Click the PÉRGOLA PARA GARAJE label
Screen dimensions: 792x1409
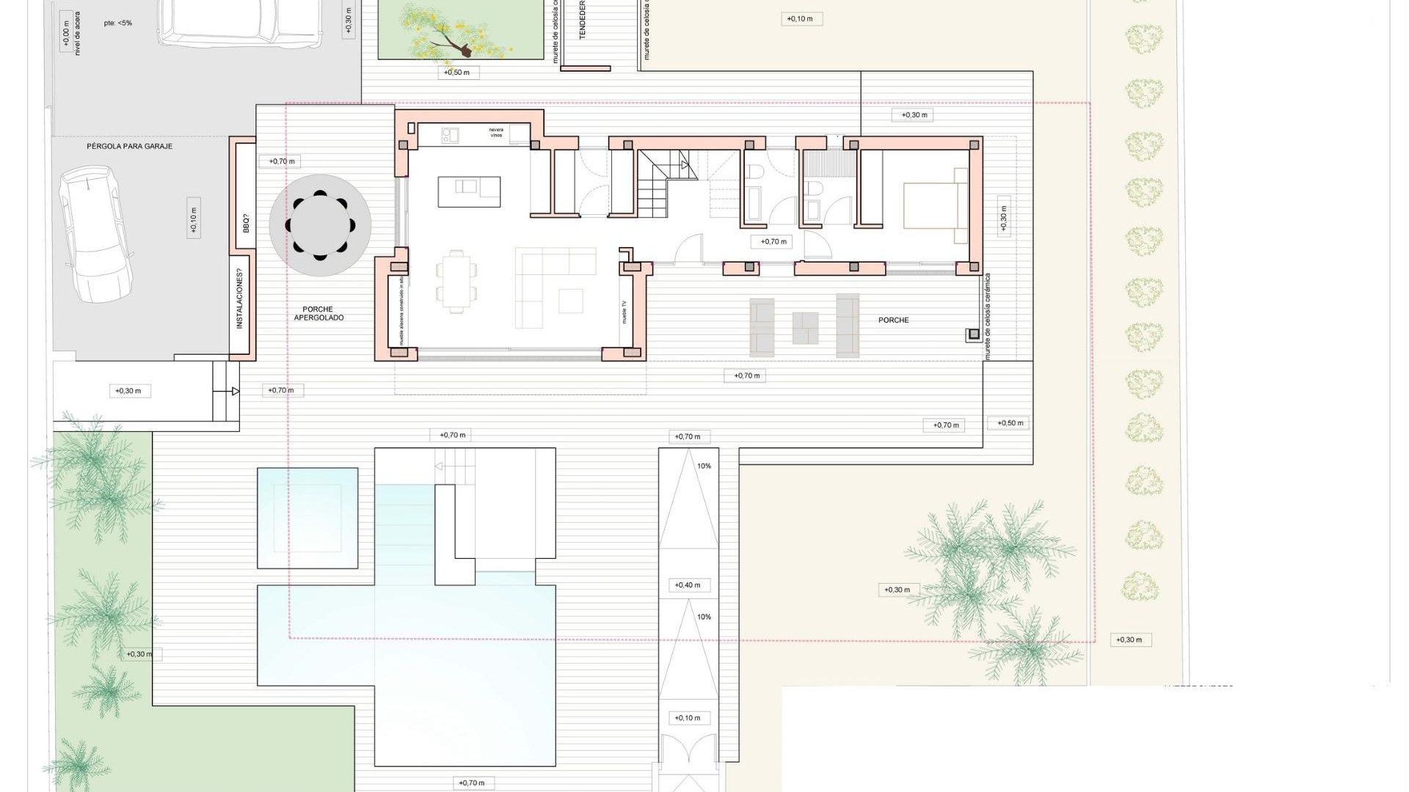[130, 147]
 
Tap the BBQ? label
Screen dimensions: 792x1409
[246, 224]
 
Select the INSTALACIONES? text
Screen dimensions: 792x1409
[239, 299]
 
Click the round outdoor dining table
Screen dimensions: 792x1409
[320, 225]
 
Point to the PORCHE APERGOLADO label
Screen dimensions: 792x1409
[318, 314]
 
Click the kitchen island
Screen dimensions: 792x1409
[469, 192]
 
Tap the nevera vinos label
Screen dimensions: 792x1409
[497, 133]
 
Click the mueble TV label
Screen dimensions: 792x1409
[625, 312]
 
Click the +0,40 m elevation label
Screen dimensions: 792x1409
[688, 585]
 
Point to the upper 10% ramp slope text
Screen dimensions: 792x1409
[704, 466]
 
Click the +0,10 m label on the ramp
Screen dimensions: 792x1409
[688, 718]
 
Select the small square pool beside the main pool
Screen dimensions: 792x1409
[307, 518]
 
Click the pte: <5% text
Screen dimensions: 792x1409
[118, 23]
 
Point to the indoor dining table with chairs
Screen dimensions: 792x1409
[457, 282]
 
